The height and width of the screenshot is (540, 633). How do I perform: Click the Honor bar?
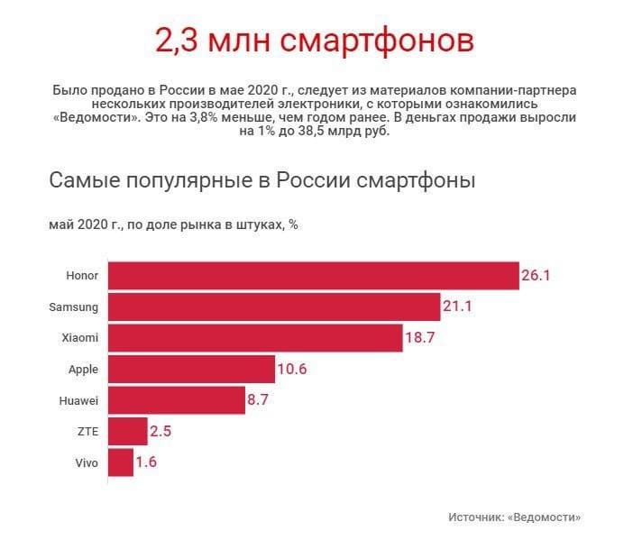click(313, 276)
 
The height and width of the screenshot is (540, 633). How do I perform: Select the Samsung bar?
click(274, 307)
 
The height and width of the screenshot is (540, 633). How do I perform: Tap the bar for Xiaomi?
click(255, 338)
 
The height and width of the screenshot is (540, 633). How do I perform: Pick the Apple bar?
click(191, 369)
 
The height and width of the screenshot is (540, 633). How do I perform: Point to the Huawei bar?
click(176, 400)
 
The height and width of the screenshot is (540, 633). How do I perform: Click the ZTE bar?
click(127, 431)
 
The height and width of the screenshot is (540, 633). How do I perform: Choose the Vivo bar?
click(120, 462)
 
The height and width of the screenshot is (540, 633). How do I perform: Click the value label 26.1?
click(536, 276)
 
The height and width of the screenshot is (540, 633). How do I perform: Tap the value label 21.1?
click(457, 307)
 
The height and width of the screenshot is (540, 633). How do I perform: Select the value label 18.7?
click(421, 338)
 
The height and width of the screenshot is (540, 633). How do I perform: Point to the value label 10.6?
click(294, 369)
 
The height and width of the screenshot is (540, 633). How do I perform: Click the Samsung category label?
click(73, 307)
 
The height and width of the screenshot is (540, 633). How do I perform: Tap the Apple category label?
click(83, 369)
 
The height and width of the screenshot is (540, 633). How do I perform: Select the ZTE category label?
click(88, 431)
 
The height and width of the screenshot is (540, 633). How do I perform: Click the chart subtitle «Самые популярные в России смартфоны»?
click(261, 180)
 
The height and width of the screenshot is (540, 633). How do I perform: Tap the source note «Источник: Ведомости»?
click(514, 517)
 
